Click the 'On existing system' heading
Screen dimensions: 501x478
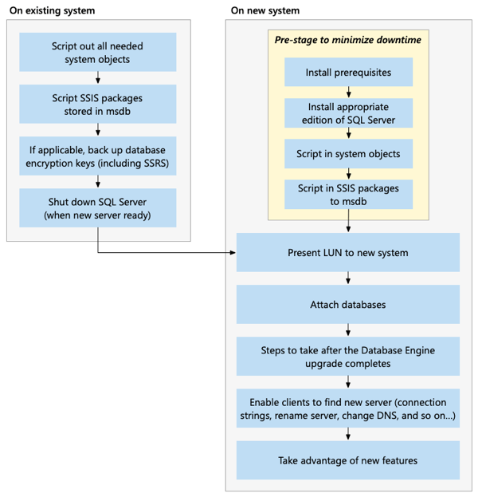coord(52,10)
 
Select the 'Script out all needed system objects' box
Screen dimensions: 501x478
coord(98,53)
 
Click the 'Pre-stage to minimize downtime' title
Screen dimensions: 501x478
coord(348,40)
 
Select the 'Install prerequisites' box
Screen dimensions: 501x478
coord(348,72)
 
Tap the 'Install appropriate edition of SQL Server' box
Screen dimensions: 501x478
coord(348,113)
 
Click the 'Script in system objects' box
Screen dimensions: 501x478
coord(348,153)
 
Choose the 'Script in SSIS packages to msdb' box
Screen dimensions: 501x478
coord(348,194)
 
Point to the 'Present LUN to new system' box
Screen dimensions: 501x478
coord(348,253)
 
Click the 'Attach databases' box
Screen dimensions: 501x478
coord(348,305)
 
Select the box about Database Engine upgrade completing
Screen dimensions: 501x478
coord(348,357)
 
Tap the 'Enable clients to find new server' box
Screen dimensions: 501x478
coord(348,408)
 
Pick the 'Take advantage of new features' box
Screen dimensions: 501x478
coord(348,460)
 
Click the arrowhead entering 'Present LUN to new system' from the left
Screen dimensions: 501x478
coord(233,253)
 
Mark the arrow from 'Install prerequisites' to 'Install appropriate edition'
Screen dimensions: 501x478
coord(348,92)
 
